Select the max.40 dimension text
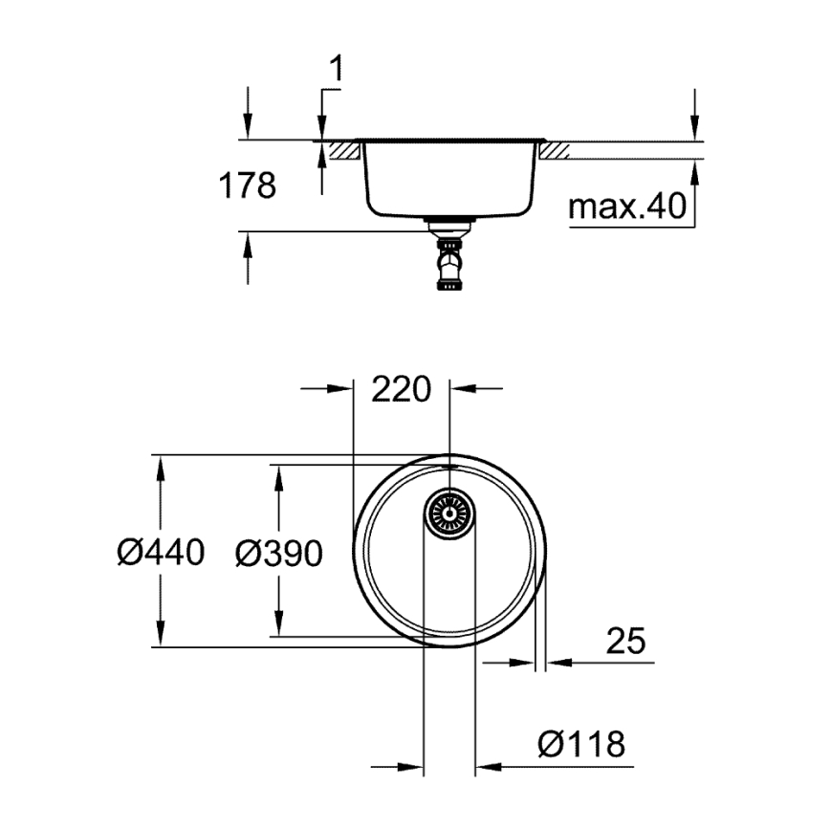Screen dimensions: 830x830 (628, 206)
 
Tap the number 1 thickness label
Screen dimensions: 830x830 (337, 69)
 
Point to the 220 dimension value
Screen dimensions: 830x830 (402, 389)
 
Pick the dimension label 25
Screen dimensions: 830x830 (625, 641)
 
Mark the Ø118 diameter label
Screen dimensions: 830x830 (581, 743)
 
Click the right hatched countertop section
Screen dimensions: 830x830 (557, 150)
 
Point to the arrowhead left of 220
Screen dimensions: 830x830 (340, 388)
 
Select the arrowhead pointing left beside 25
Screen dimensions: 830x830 (558, 661)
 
